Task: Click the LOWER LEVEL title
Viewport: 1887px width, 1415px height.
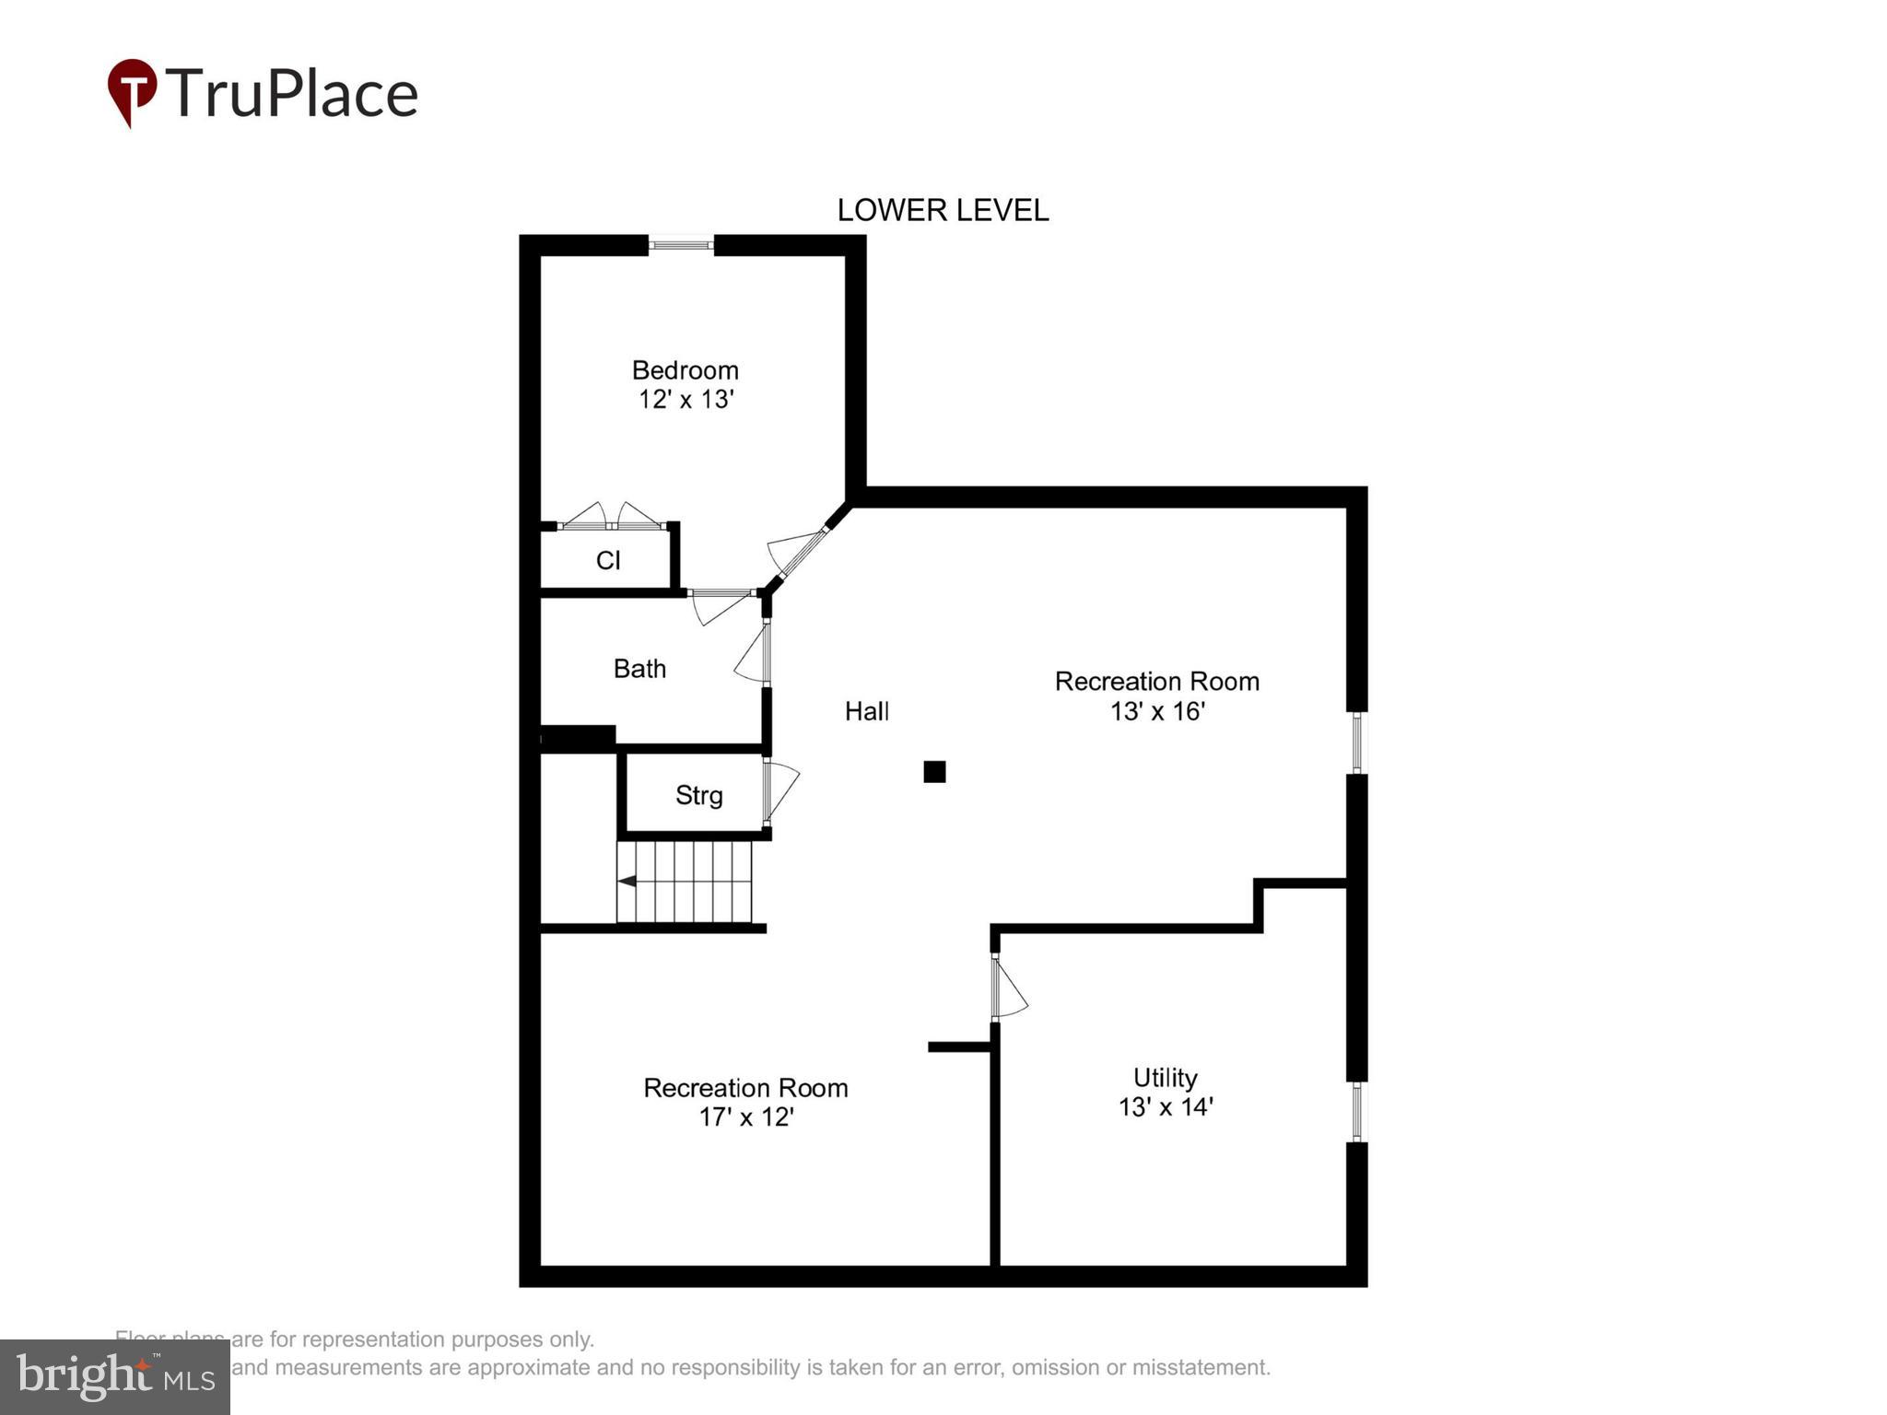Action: (942, 211)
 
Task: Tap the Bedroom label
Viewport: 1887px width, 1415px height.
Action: (685, 370)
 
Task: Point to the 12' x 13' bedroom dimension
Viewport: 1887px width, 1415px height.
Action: (686, 400)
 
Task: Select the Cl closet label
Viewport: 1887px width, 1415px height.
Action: (608, 560)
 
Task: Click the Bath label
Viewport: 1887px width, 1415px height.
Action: (639, 669)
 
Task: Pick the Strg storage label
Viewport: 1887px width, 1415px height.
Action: (698, 795)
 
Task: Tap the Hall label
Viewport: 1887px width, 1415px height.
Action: (867, 711)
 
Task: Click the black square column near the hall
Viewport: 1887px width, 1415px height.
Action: (934, 772)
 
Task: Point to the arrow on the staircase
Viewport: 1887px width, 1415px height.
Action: (627, 882)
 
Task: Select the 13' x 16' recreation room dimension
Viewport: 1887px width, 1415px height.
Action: (1157, 711)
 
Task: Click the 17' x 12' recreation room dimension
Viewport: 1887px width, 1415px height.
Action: (745, 1117)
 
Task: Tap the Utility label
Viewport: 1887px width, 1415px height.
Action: (1165, 1078)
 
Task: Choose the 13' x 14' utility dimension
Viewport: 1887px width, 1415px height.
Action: (1165, 1106)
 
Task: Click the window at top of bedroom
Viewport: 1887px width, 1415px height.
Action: (681, 245)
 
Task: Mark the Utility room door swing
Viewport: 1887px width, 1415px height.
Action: (1008, 988)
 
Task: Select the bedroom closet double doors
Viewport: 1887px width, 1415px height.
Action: (612, 517)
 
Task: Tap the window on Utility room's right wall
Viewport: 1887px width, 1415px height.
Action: (1356, 1112)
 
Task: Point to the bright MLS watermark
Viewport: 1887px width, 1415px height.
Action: (115, 1377)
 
